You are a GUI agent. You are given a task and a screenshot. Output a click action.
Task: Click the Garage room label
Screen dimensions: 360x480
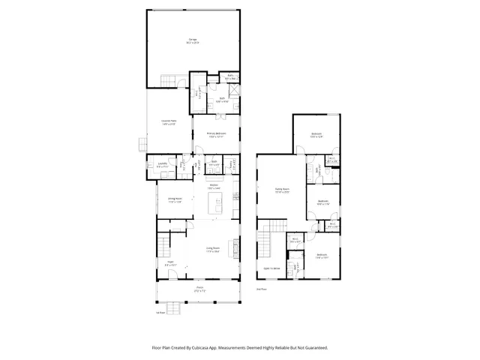tap(192, 40)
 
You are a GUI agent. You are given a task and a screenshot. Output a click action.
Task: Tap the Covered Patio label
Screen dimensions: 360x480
tap(169, 121)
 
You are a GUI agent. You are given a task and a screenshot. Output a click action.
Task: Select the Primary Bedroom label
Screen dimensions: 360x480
tap(217, 135)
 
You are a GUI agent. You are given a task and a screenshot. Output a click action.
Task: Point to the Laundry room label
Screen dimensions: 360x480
tap(162, 166)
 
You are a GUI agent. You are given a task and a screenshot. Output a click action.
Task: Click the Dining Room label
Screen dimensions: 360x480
tap(175, 200)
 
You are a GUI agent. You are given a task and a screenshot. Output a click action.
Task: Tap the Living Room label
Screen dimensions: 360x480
tap(214, 248)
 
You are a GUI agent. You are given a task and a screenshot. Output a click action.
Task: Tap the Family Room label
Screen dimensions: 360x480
tap(281, 190)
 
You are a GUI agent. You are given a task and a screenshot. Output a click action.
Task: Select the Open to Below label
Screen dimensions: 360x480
tap(271, 268)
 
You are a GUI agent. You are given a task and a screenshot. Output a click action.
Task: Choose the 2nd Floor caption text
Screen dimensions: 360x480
tap(262, 288)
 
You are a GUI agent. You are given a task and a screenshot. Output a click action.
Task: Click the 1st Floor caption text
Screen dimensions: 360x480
tap(160, 312)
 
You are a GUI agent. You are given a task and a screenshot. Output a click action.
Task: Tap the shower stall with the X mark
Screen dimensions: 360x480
tap(234, 89)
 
